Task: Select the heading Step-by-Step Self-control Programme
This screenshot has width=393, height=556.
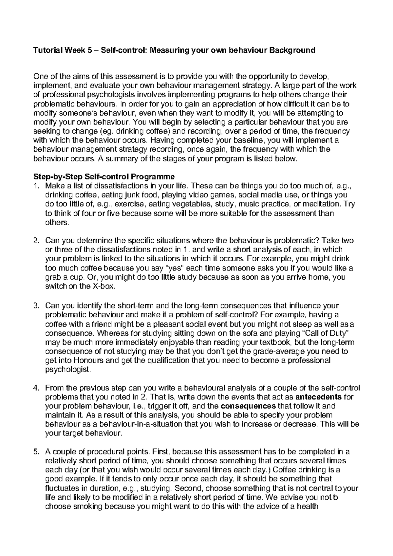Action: point(104,177)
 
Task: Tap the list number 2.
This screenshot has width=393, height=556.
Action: point(36,241)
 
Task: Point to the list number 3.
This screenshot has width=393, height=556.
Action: point(36,306)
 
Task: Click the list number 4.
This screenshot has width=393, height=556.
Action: point(36,388)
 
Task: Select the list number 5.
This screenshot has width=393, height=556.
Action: point(36,452)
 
